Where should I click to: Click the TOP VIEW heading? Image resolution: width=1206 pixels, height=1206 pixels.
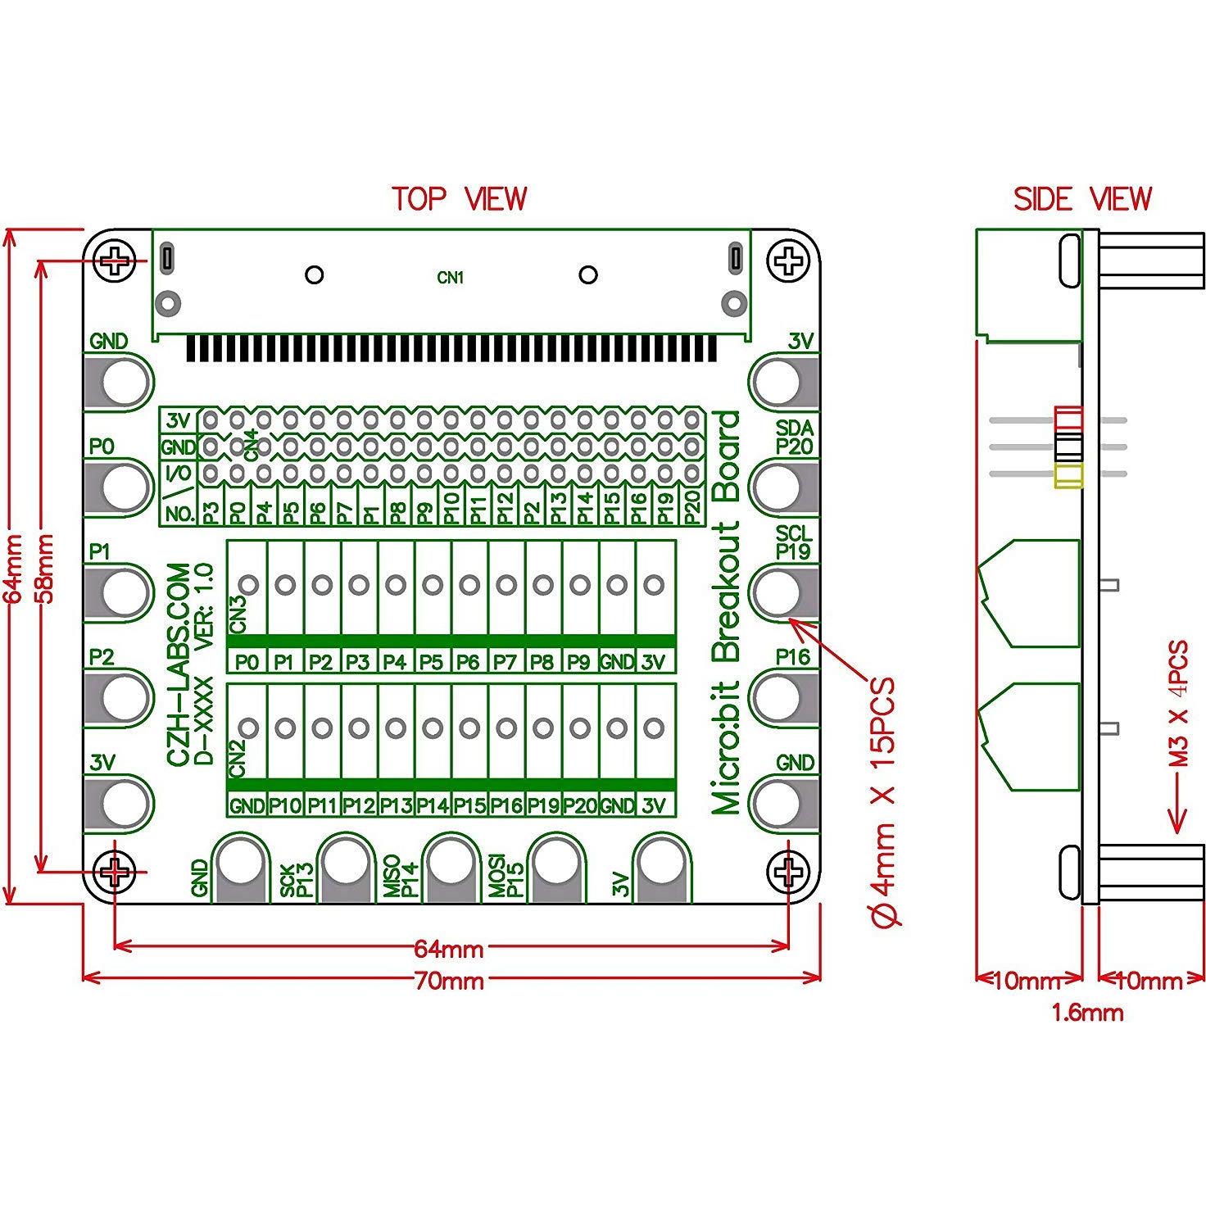point(459,199)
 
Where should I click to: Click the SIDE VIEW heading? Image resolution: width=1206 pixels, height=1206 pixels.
point(1081,199)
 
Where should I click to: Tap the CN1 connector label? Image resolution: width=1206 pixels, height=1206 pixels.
point(450,279)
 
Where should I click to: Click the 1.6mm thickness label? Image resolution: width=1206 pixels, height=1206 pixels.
point(1087,1013)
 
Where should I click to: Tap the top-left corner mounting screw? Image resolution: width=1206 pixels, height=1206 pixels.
point(116,261)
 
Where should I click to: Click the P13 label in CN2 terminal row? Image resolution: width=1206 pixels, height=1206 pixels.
point(395,805)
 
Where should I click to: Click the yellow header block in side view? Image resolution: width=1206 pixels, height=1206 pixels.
point(1069,476)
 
